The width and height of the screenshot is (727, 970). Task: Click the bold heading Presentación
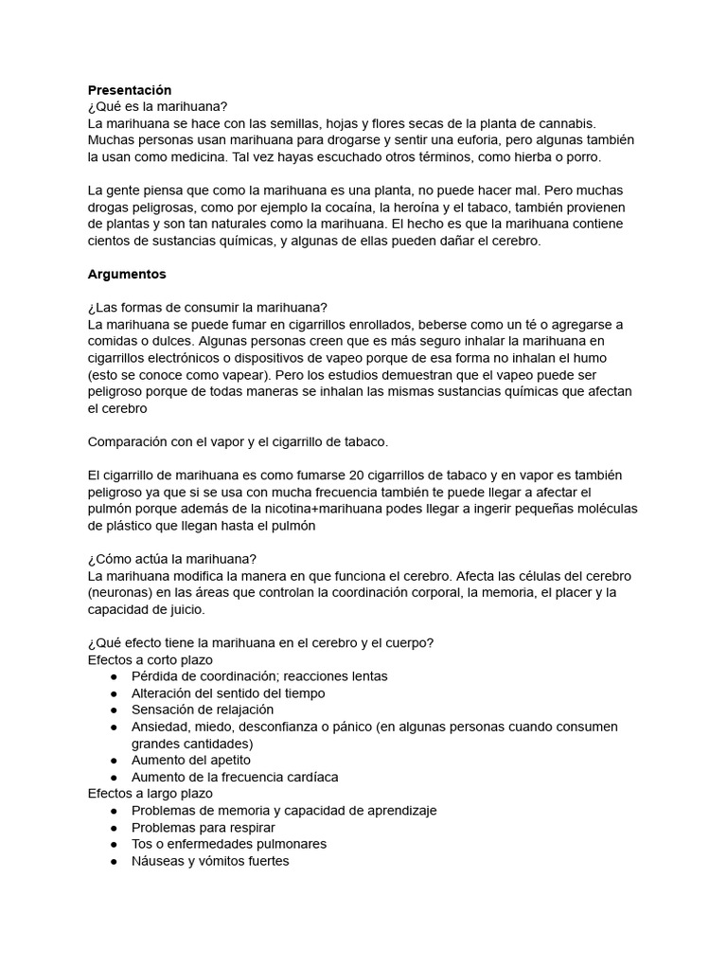pyautogui.click(x=130, y=90)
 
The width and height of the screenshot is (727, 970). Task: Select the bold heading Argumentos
pyautogui.click(x=127, y=274)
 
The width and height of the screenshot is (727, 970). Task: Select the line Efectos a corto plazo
pyautogui.click(x=150, y=659)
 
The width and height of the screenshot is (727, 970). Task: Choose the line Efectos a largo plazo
pyautogui.click(x=150, y=793)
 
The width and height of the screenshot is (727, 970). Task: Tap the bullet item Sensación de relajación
pyautogui.click(x=203, y=710)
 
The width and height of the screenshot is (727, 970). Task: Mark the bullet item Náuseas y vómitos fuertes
pyautogui.click(x=210, y=861)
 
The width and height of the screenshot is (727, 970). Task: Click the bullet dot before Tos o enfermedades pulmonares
pyautogui.click(x=114, y=844)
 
